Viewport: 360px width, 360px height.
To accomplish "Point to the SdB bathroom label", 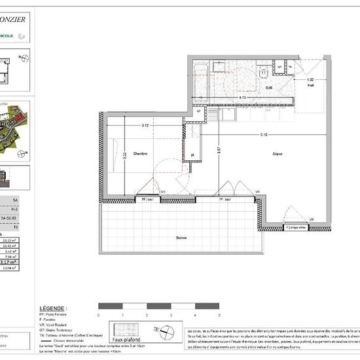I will coord(268,87).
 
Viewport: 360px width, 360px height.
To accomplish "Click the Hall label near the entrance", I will coord(310,84).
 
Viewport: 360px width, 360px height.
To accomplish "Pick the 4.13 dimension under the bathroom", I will coord(242,98).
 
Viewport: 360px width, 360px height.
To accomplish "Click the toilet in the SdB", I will coord(261,72).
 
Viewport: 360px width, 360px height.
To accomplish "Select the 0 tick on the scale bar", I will coord(98,315).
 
